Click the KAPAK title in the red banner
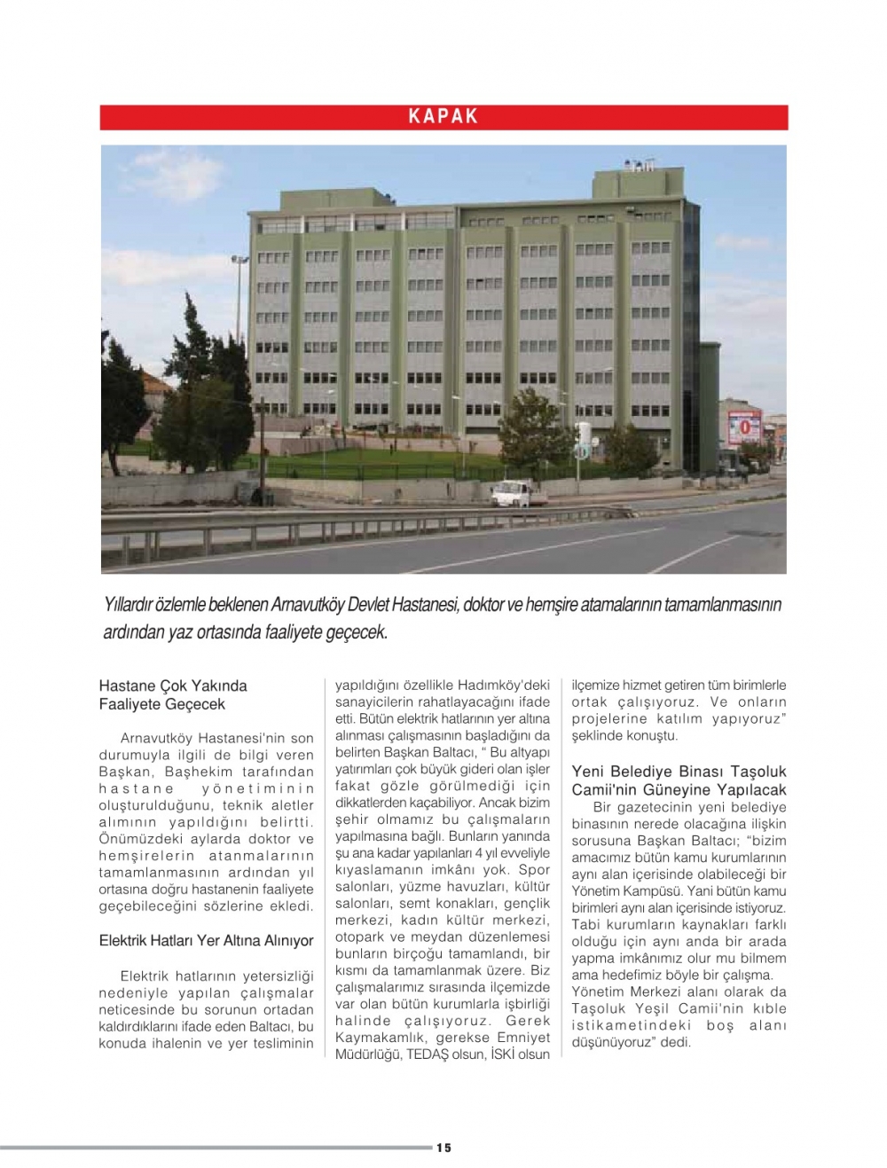pyautogui.click(x=443, y=116)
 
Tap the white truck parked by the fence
pyautogui.click(x=514, y=492)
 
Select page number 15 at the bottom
pyautogui.click(x=443, y=1148)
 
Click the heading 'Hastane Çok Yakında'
pyautogui.click(x=173, y=686)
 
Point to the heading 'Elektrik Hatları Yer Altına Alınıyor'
pyautogui.click(x=206, y=940)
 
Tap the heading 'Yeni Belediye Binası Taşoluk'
pyautogui.click(x=679, y=772)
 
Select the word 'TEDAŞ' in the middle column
pyautogui.click(x=428, y=1054)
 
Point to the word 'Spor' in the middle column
pyautogui.click(x=534, y=870)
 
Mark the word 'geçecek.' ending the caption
pyautogui.click(x=358, y=633)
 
